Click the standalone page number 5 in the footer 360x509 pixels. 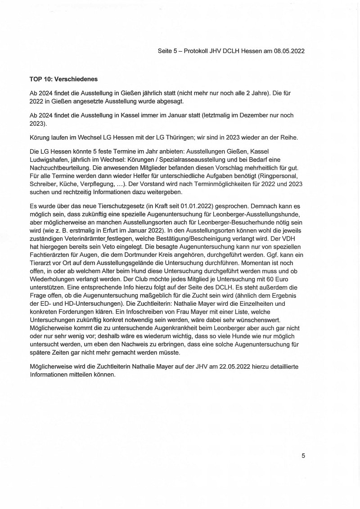point(303,455)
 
